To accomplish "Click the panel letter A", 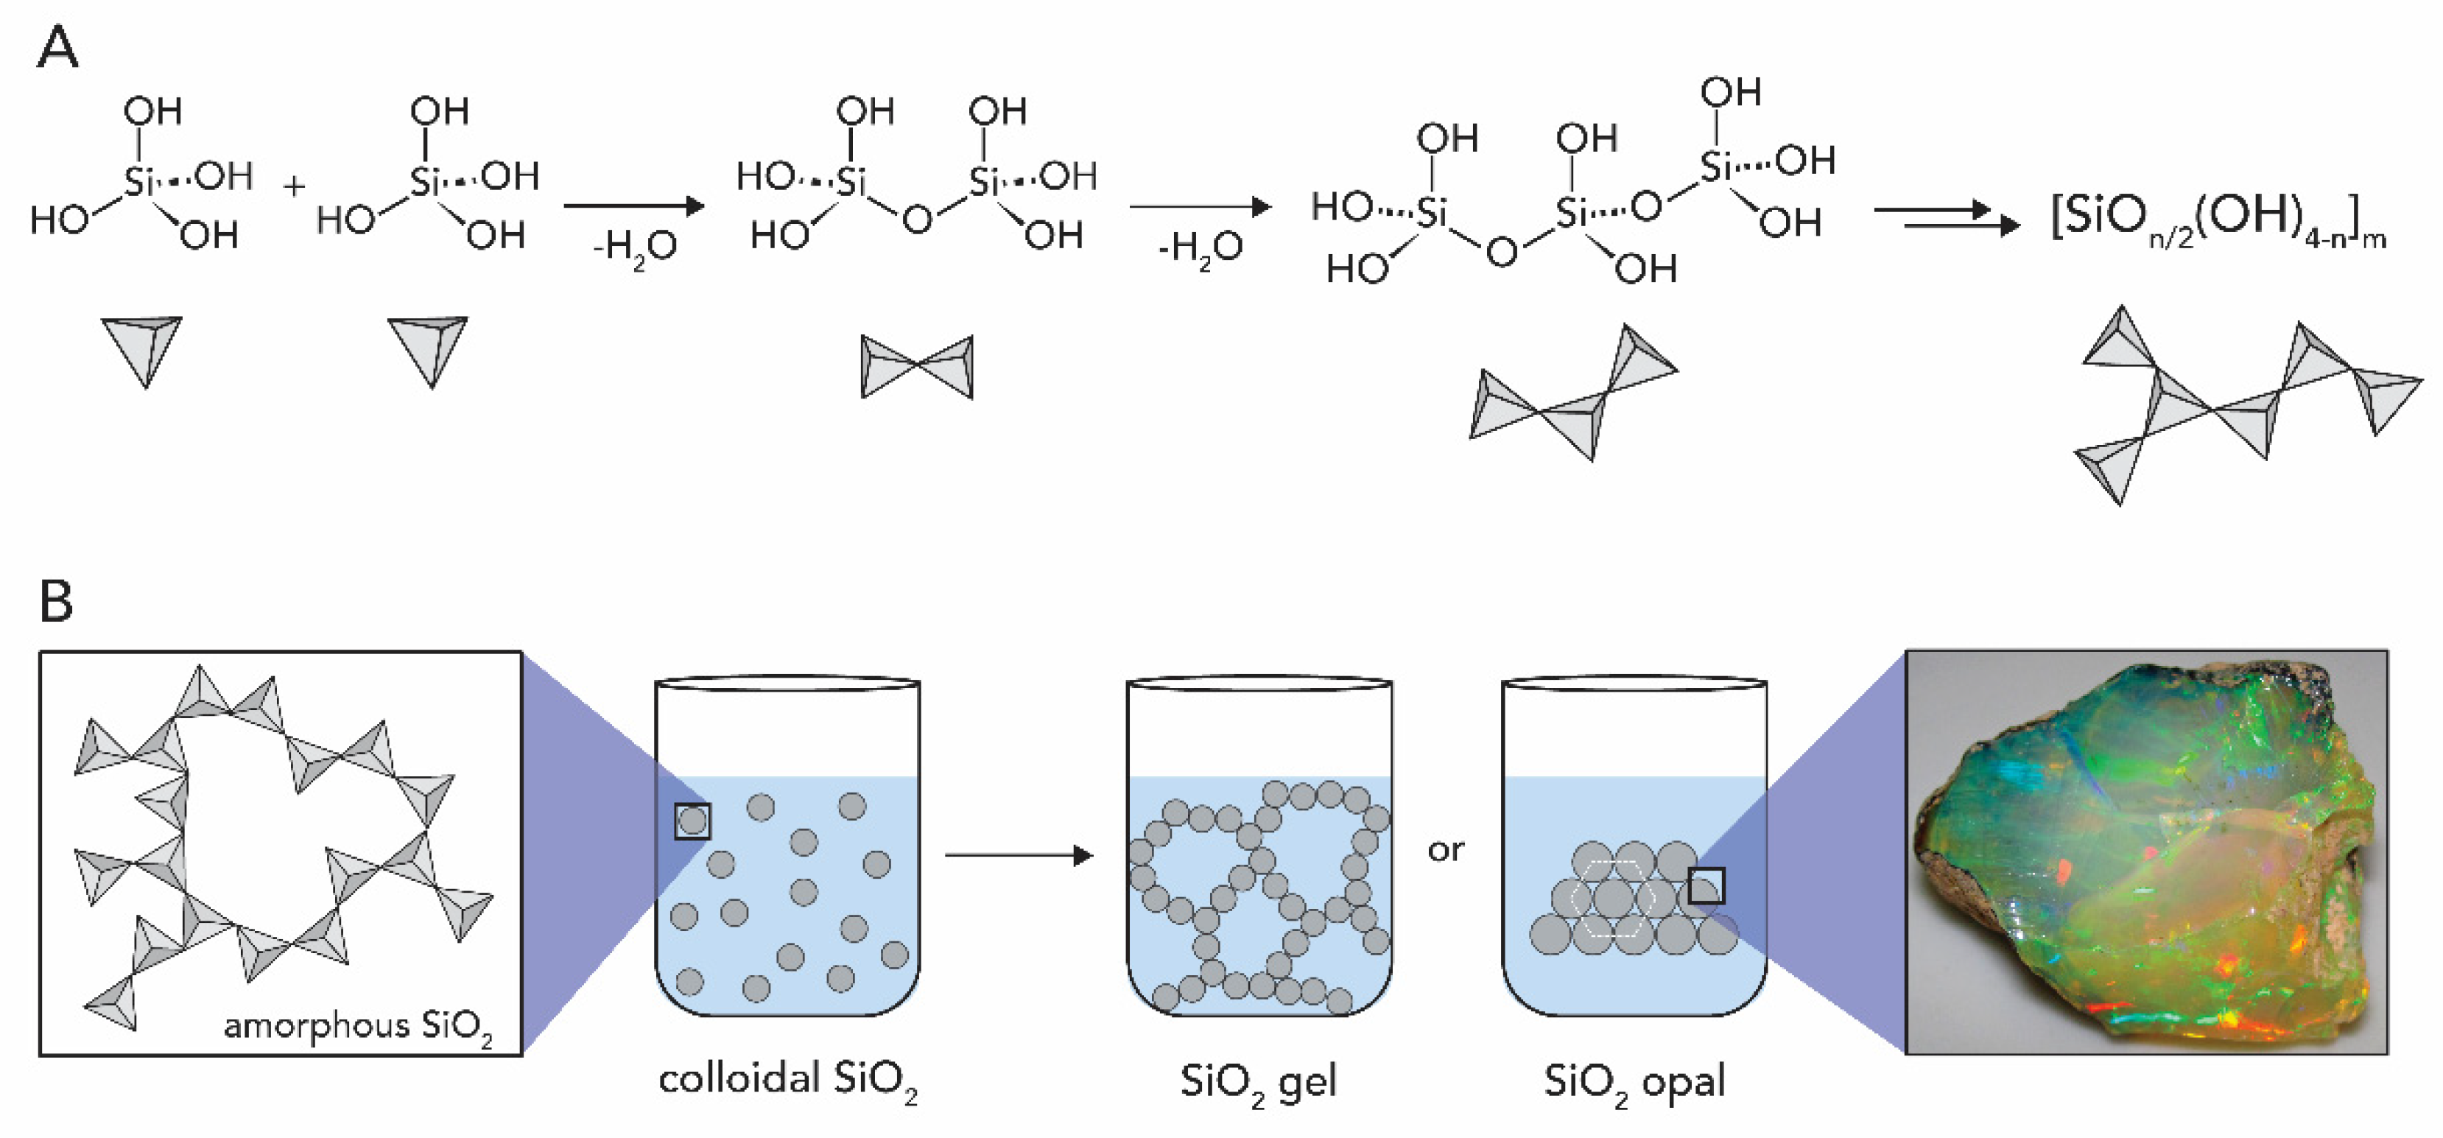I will coord(57,47).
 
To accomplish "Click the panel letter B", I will coord(56,600).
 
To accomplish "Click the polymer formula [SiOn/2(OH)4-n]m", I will coord(2218,220).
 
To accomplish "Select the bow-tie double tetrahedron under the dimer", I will coord(916,366).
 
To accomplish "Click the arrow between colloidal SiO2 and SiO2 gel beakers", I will coord(1019,855).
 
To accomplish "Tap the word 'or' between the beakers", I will coord(1445,851).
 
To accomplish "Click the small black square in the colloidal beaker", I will coord(692,821).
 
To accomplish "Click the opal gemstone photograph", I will coord(2146,851).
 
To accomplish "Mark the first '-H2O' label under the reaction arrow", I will coord(634,248).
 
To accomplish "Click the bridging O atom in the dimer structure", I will coord(916,220).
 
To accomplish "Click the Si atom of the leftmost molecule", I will coord(138,180).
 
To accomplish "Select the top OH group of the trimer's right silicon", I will coord(1731,93).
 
